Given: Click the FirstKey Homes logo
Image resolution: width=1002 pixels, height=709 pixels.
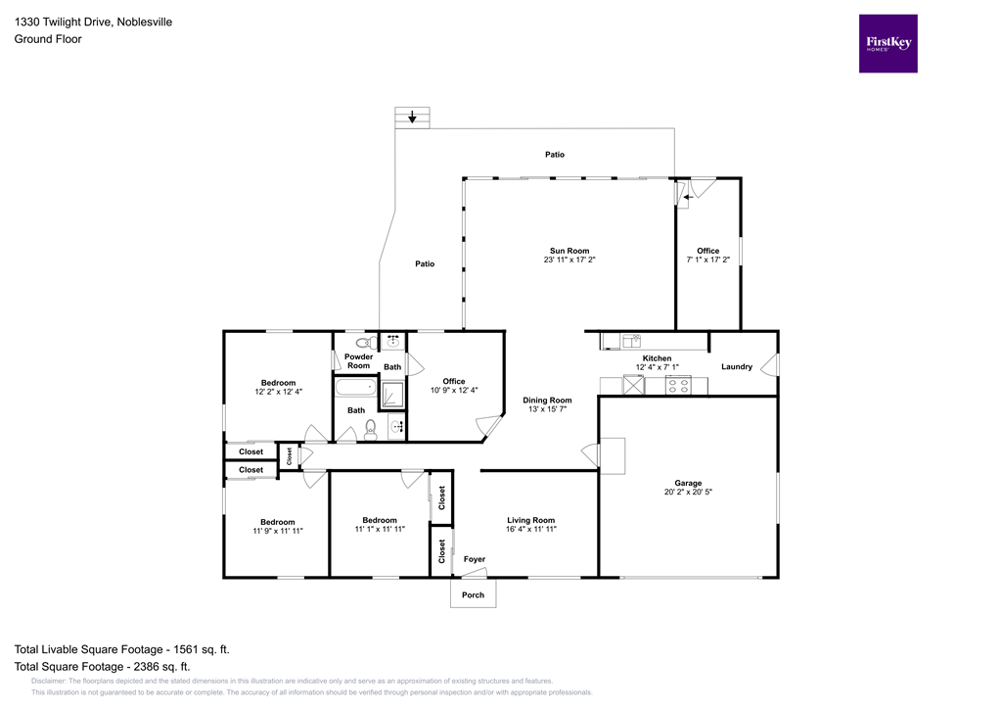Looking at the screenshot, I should [x=888, y=43].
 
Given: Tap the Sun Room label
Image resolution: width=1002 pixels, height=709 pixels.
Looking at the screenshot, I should [x=569, y=251].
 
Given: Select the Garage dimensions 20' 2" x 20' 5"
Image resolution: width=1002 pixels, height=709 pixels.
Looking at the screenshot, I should [x=688, y=492].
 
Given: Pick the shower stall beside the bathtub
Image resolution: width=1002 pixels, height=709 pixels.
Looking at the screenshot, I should [x=392, y=392].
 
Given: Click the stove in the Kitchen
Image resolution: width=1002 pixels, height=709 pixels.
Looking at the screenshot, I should [x=679, y=385].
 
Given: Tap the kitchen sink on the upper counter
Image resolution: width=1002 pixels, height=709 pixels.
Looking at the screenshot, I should [x=631, y=341].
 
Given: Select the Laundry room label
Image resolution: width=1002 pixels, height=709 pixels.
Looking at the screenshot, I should [x=737, y=367].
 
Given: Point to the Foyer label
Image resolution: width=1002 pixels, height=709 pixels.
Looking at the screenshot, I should [x=474, y=559].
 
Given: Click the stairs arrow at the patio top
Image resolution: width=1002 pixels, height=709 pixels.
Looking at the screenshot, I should [x=412, y=118].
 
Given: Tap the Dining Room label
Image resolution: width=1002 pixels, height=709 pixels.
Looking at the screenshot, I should [x=547, y=400].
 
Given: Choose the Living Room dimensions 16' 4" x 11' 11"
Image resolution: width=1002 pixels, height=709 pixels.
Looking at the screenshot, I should [x=530, y=529].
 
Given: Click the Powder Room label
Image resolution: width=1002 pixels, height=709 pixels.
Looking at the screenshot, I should [x=358, y=361].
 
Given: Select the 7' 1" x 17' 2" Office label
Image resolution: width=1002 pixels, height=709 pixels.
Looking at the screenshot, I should [x=707, y=260].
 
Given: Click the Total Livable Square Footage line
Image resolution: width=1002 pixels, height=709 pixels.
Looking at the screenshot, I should [x=122, y=649].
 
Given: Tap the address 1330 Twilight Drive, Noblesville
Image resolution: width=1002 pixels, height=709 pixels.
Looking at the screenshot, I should [x=93, y=22].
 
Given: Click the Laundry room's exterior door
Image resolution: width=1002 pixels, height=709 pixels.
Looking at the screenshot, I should [x=773, y=366].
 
